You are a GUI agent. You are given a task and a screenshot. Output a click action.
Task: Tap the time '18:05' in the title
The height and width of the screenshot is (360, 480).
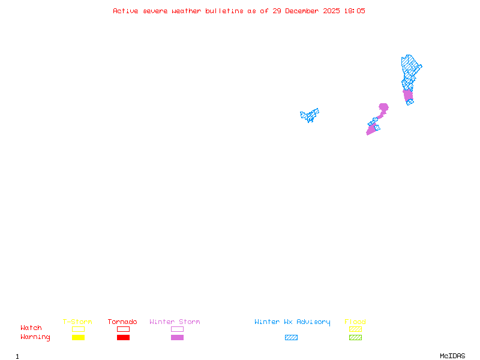click(x=354, y=11)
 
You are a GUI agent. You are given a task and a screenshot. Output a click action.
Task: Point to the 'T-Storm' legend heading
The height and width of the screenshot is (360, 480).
click(x=77, y=322)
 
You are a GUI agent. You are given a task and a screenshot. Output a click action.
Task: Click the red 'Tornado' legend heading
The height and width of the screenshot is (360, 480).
click(x=122, y=322)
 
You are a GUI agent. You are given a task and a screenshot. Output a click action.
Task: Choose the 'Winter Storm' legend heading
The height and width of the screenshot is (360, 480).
click(x=175, y=322)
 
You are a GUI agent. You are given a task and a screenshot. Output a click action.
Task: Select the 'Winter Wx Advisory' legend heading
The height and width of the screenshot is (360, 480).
click(x=292, y=322)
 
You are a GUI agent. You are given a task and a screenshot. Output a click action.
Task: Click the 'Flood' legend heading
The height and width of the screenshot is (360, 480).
click(x=355, y=322)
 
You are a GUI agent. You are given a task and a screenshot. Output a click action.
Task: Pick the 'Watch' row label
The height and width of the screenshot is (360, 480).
click(x=31, y=328)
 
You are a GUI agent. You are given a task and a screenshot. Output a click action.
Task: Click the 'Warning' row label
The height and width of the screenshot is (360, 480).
click(x=35, y=337)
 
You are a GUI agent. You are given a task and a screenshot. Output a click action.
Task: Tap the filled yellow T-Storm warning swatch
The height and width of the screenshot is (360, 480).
click(x=78, y=338)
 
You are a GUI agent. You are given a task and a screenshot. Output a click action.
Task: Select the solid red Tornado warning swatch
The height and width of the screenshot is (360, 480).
click(x=123, y=338)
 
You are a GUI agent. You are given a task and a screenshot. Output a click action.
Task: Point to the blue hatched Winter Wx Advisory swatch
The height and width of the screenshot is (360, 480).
click(x=291, y=338)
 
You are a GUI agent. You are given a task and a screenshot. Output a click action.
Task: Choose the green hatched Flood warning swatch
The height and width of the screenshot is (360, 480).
click(x=355, y=338)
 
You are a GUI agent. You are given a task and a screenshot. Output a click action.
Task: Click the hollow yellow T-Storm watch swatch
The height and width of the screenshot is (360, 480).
click(x=78, y=329)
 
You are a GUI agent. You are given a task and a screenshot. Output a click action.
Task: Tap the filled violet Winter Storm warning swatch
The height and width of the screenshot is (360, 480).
click(x=177, y=338)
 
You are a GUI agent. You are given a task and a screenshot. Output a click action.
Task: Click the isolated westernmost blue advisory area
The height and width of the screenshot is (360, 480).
click(x=310, y=115)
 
